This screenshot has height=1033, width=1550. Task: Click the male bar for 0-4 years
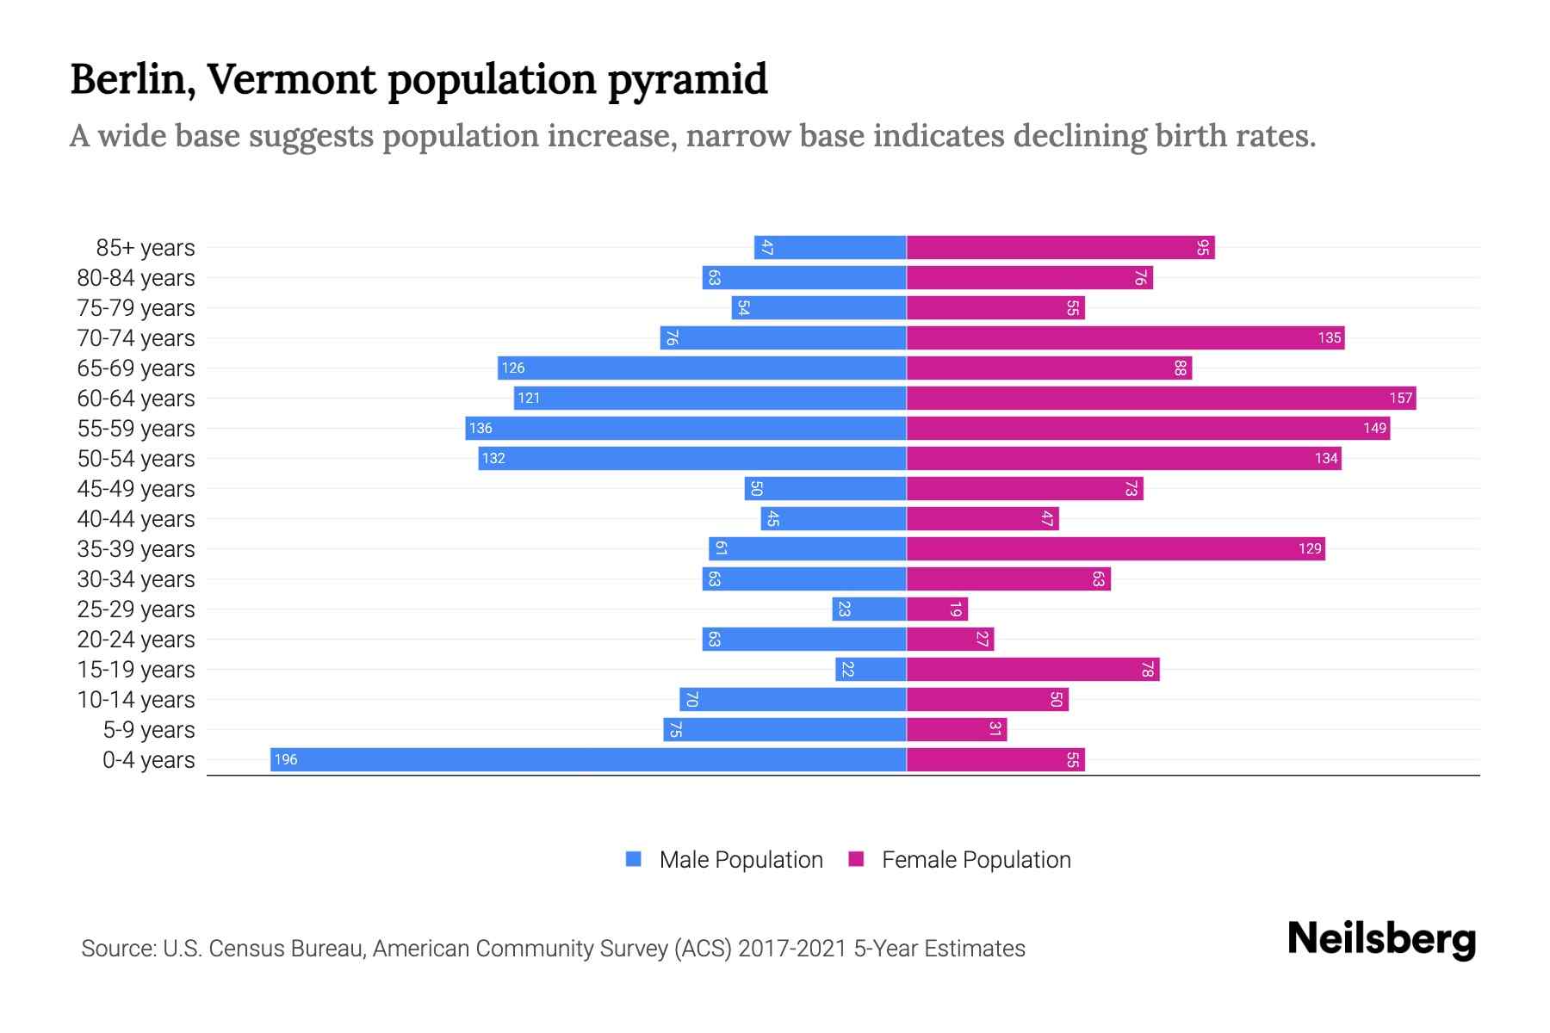[588, 759]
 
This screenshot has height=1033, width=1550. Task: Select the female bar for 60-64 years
[1161, 398]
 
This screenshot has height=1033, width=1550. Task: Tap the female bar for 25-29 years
[937, 609]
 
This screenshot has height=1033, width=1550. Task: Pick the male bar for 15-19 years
[871, 669]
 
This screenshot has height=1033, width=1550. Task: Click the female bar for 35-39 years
[1115, 548]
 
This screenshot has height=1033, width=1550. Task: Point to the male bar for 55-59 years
[685, 428]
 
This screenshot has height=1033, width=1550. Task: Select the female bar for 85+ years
[1060, 247]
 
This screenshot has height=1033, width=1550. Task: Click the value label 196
[286, 759]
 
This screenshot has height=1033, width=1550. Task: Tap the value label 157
[1400, 398]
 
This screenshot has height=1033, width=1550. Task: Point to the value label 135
[1329, 337]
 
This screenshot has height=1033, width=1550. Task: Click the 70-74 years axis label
[136, 338]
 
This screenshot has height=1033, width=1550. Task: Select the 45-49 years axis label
[136, 489]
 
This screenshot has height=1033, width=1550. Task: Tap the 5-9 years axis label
[148, 730]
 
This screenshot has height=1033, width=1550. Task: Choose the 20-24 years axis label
[136, 640]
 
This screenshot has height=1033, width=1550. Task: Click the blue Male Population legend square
[634, 859]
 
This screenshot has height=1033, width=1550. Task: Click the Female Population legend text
[976, 859]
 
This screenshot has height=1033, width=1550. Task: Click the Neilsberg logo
[1381, 938]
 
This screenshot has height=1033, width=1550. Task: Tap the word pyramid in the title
[687, 79]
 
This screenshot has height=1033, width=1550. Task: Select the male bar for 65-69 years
[702, 368]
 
